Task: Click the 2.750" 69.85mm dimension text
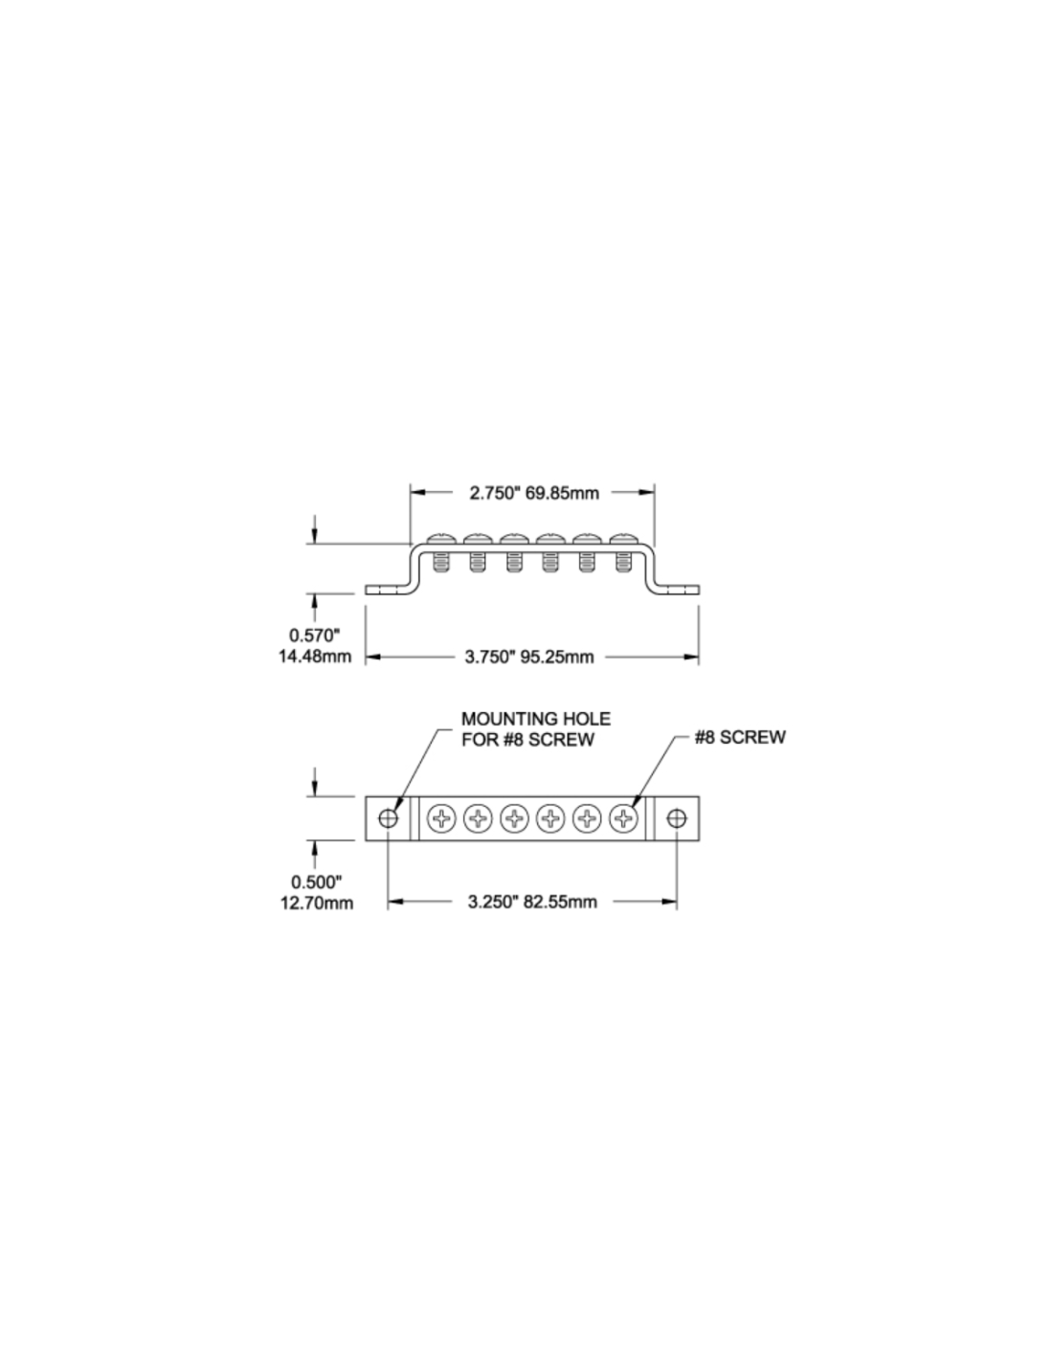(534, 493)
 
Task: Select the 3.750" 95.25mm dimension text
(529, 657)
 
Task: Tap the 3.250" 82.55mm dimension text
(532, 902)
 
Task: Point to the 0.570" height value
(314, 636)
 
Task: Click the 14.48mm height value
(315, 657)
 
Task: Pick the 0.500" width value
(317, 881)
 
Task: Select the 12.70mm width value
(317, 904)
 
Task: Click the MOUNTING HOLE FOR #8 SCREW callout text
(535, 728)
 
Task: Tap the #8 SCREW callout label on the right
(740, 737)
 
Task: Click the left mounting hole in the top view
(389, 818)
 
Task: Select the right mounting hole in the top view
(677, 818)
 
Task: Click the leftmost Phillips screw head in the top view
(441, 818)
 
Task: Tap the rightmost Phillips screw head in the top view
(623, 818)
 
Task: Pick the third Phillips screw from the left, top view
(514, 818)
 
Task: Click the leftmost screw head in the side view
(441, 539)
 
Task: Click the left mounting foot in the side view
(389, 590)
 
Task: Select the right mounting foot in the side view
(677, 590)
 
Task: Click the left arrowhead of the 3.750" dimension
(373, 657)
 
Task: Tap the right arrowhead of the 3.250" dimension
(669, 902)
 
